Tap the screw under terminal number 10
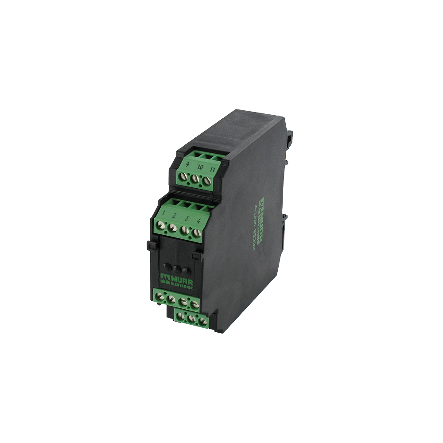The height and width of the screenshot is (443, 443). coord(194,180)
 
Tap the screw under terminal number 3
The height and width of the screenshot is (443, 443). coord(183,229)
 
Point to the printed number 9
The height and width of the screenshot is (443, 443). coord(189,166)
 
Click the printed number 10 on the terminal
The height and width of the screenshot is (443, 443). coord(200,167)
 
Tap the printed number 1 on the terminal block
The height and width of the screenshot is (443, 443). coord(164,214)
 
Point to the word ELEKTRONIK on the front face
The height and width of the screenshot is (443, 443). coord(180,284)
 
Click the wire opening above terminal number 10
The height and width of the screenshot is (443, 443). coord(205,155)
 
